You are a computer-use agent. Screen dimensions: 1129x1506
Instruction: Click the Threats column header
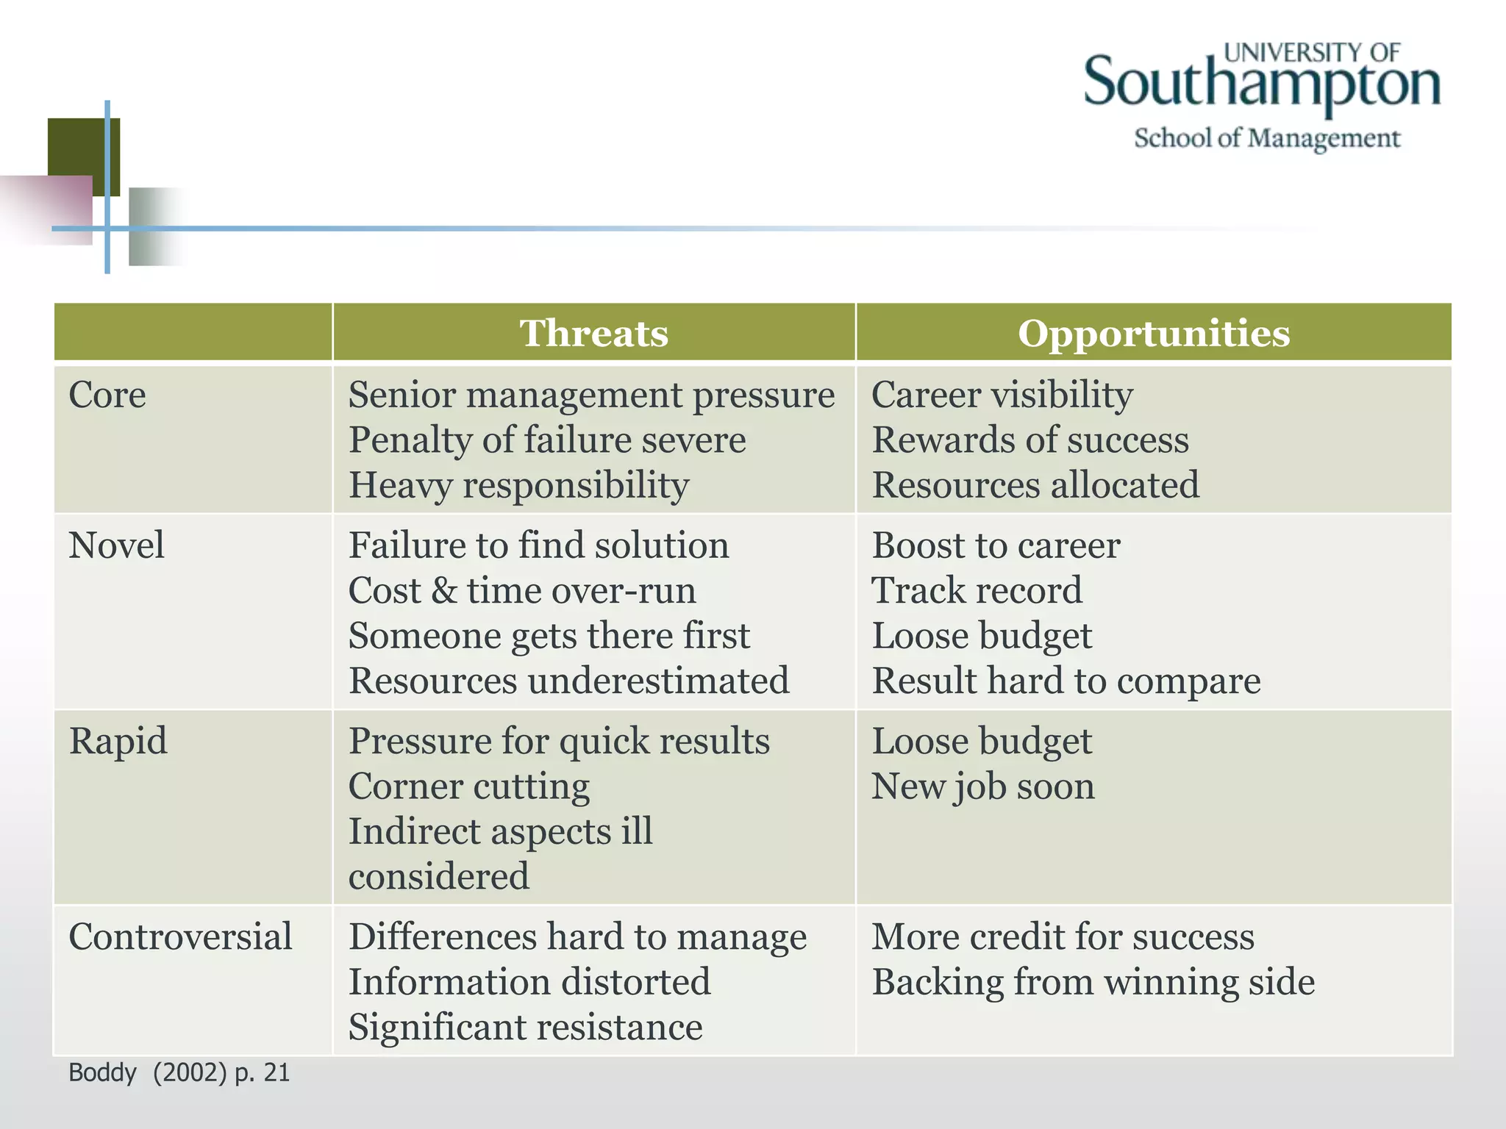point(593,334)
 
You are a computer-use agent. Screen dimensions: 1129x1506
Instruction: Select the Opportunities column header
point(1153,334)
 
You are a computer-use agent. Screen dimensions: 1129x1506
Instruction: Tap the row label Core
point(107,395)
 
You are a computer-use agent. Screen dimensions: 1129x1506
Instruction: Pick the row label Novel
point(116,546)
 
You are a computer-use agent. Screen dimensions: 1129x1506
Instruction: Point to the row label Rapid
point(118,741)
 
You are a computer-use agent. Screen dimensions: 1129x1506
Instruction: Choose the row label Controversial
point(180,937)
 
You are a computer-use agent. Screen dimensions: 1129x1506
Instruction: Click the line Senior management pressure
point(591,395)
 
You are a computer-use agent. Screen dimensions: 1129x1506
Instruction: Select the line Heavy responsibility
point(518,486)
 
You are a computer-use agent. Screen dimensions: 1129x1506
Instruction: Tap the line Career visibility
point(1002,395)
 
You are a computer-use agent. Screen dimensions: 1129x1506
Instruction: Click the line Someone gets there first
point(549,637)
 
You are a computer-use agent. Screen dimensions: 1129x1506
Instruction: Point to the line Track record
point(977,591)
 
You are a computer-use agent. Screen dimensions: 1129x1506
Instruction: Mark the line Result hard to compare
point(1066,681)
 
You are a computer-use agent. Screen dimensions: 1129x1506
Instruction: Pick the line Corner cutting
point(468,787)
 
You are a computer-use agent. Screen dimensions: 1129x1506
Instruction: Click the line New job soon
point(982,787)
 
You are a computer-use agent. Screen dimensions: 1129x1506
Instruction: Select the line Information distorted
point(529,983)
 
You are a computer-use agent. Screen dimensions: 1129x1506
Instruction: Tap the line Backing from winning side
point(1093,983)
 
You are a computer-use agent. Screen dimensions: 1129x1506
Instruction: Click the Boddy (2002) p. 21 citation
point(179,1073)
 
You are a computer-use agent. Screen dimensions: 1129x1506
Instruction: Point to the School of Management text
point(1266,138)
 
